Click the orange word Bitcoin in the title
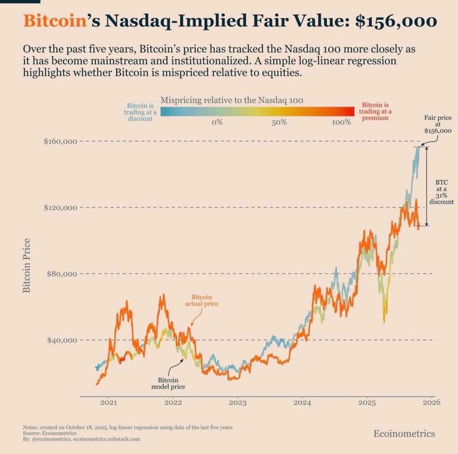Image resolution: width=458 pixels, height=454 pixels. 55,21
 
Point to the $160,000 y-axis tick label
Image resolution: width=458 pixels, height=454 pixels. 60,141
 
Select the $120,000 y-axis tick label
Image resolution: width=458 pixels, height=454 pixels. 60,208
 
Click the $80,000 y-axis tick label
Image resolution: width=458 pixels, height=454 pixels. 62,274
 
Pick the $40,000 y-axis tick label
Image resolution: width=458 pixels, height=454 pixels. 62,340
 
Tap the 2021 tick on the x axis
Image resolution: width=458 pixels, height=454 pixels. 108,402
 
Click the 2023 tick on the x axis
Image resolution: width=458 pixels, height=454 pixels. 238,402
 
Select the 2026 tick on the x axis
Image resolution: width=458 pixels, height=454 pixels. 432,402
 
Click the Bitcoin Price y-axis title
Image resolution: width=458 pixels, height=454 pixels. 26,265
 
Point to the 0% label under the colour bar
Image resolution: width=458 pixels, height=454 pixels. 217,122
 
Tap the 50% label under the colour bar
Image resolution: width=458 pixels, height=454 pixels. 279,122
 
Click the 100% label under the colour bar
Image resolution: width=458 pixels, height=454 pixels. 341,122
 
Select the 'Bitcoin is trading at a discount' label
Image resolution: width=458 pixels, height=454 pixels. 140,112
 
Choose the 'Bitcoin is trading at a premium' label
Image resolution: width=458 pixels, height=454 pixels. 375,111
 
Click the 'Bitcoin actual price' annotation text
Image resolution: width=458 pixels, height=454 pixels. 201,301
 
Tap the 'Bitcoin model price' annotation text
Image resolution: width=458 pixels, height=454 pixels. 168,383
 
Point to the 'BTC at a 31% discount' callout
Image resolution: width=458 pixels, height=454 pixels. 441,192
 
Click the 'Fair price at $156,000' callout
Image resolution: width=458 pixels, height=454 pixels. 438,124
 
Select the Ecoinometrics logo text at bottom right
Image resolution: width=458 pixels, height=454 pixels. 404,434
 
